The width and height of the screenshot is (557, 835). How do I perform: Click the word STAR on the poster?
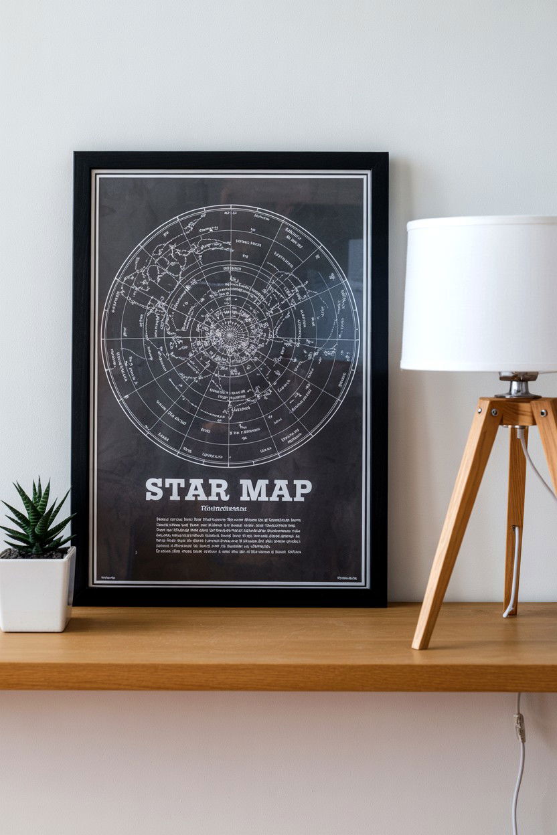tap(187, 490)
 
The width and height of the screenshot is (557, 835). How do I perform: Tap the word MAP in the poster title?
tap(275, 490)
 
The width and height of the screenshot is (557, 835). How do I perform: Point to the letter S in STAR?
tap(153, 490)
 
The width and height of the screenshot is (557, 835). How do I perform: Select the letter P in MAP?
tap(303, 490)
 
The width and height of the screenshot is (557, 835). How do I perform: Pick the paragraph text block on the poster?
tap(228, 536)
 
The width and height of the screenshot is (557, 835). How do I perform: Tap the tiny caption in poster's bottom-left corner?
tap(107, 577)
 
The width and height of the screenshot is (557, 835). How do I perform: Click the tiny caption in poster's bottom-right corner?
tap(347, 577)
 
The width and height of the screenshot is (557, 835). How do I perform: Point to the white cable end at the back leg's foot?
tap(509, 610)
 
